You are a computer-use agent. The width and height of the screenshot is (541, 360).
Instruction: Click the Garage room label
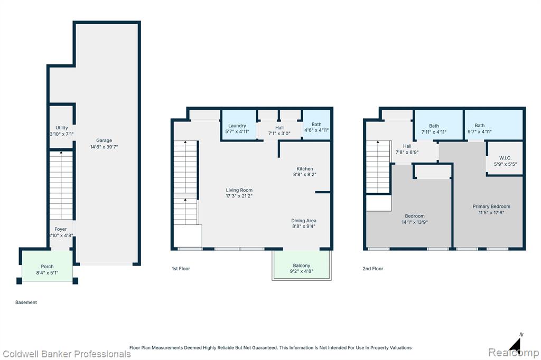click(x=104, y=140)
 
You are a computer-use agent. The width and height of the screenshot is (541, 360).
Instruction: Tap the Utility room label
click(x=62, y=128)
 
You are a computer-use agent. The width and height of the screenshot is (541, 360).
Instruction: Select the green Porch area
click(x=47, y=266)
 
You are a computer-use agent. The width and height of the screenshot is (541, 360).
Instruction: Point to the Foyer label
click(x=60, y=229)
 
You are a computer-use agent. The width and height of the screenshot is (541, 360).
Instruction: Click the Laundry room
click(x=239, y=125)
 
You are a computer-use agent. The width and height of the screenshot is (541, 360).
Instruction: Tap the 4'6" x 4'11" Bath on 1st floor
click(x=316, y=125)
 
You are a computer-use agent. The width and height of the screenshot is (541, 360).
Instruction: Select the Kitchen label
click(x=305, y=168)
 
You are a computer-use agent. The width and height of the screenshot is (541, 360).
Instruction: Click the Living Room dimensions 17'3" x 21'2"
click(x=239, y=196)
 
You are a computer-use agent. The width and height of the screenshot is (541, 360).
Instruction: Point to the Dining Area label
click(x=304, y=220)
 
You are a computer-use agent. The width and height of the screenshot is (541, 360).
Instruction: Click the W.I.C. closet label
click(x=505, y=158)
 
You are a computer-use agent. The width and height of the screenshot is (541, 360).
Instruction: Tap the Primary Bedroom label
click(x=491, y=206)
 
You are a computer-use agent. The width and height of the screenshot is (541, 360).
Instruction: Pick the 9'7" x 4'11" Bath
click(x=494, y=125)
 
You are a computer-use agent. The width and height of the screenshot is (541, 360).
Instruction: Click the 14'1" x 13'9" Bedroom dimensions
click(x=415, y=222)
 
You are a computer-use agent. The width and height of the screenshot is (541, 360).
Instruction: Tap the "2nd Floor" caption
click(x=372, y=269)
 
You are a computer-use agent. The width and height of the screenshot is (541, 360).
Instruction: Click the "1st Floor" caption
click(x=181, y=269)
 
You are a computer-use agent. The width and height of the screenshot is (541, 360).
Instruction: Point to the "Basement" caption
click(x=26, y=302)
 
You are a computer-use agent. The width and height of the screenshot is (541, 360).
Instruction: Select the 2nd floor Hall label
click(x=407, y=146)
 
